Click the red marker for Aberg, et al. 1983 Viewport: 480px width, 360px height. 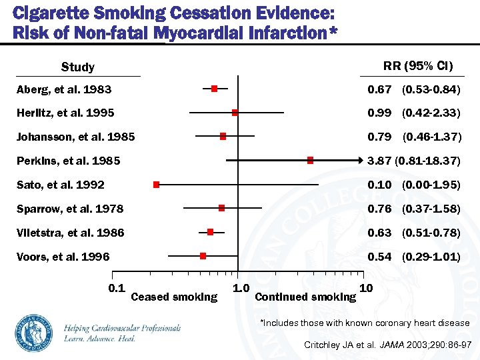tap(214, 89)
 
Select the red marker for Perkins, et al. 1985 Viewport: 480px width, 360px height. tap(310, 160)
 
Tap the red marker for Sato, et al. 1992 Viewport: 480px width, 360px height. tap(156, 184)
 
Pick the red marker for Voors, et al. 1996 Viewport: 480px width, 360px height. tap(203, 255)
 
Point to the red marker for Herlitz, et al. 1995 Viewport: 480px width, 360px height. tap(235, 113)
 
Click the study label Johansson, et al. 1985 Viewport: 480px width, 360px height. tap(76, 137)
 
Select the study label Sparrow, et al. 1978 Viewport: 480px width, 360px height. tap(70, 209)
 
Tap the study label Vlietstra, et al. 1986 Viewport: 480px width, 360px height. tap(71, 233)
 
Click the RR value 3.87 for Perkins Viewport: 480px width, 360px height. tap(380, 161)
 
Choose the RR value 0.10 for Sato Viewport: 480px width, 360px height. tap(380, 185)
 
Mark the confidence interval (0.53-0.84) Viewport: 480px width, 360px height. tap(431, 89)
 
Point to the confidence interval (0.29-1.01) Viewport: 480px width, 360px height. tap(431, 257)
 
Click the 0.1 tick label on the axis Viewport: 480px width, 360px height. tap(117, 287)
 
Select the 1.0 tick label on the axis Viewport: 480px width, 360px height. tap(240, 288)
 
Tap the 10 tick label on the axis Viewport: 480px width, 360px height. tap(366, 288)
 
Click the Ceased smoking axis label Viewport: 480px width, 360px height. tap(175, 297)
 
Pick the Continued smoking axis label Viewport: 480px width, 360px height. tap(305, 297)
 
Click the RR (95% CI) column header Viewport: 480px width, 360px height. tap(417, 65)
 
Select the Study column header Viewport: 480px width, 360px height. tap(78, 67)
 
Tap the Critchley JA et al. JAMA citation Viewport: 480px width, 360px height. tap(387, 345)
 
